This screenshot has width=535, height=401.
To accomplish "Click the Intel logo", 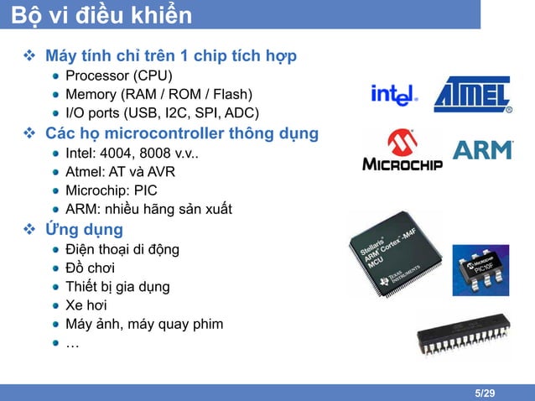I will click(x=394, y=96).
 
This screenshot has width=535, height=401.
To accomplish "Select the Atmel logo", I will click(x=472, y=95).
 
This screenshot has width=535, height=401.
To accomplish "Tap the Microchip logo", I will click(x=402, y=151).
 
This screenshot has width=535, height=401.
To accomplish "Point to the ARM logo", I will click(x=482, y=150).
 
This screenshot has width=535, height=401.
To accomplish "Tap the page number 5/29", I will click(x=484, y=393).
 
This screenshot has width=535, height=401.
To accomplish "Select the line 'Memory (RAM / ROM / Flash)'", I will click(x=158, y=95).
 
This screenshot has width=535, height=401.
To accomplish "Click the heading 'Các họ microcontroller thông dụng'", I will click(x=181, y=133).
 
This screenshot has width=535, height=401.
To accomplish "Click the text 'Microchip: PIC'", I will click(x=111, y=190).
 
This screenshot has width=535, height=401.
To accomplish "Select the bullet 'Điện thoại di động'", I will click(x=122, y=249).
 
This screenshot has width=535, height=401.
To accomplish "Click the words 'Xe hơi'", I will click(x=86, y=305).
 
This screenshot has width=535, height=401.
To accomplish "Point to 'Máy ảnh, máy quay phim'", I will click(x=144, y=324).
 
